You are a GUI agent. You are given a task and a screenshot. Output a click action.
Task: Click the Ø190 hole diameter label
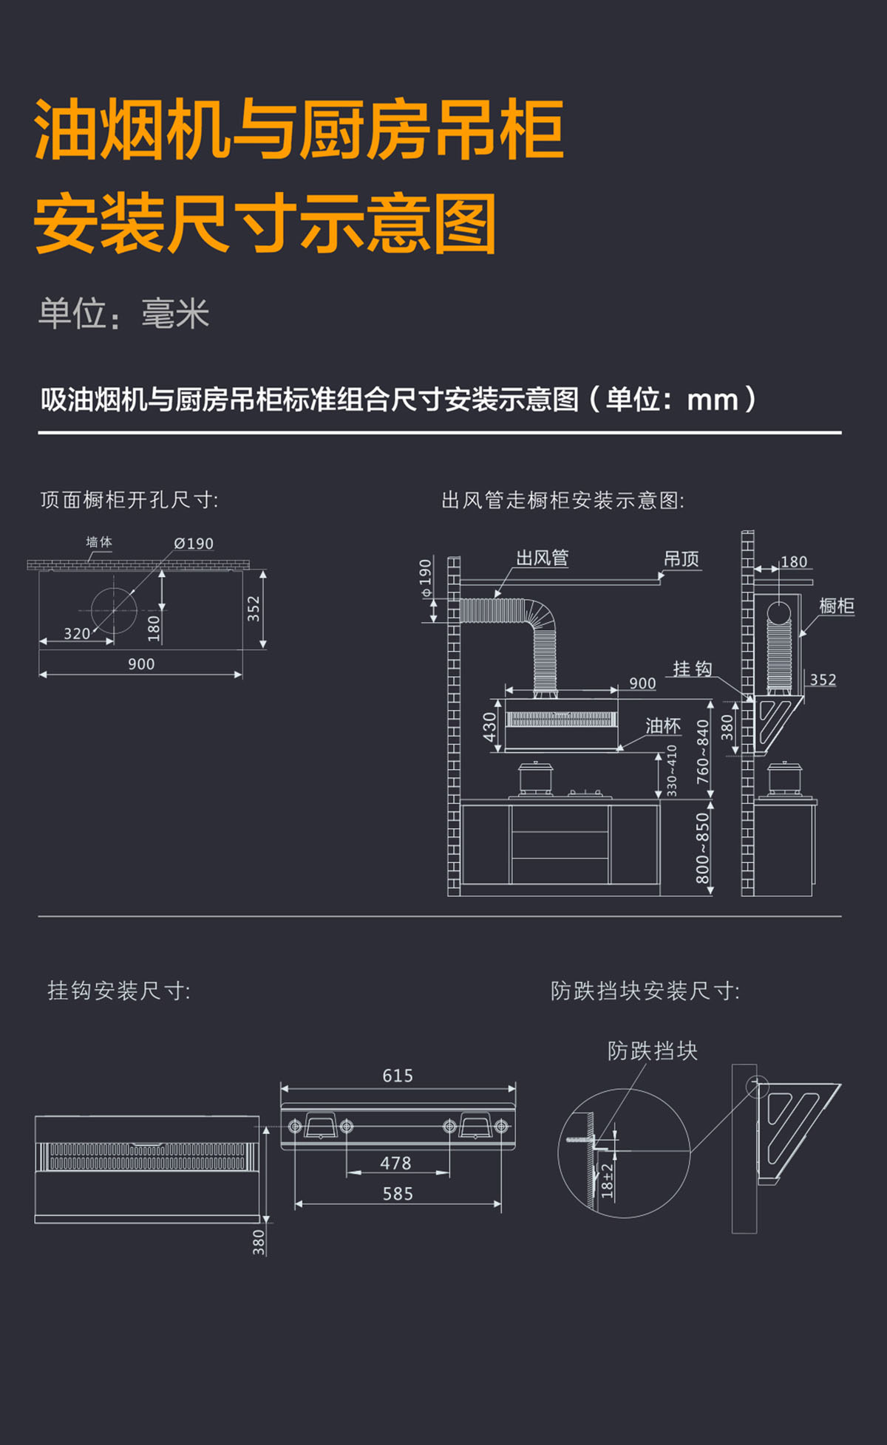(x=194, y=544)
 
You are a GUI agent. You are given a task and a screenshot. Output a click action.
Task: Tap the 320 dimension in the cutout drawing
(x=77, y=634)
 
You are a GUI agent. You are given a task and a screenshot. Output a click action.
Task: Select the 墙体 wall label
(x=99, y=542)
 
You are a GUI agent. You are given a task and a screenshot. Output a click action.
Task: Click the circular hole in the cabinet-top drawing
(x=114, y=610)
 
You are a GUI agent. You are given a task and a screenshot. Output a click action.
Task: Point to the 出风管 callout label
(x=542, y=558)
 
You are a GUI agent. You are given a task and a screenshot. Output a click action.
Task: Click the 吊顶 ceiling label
(x=681, y=559)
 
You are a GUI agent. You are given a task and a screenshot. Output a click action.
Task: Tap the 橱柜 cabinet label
(x=837, y=607)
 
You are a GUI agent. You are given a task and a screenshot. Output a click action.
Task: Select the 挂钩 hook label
(x=692, y=669)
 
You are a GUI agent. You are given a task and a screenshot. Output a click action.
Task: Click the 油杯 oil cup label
(x=662, y=726)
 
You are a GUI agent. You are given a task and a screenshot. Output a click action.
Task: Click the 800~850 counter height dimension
(x=702, y=848)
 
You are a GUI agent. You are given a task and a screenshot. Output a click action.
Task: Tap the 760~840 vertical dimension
(x=702, y=752)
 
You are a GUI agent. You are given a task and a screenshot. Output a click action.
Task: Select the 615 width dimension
(x=398, y=1076)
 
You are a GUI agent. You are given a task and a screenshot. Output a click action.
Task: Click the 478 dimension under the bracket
(x=395, y=1164)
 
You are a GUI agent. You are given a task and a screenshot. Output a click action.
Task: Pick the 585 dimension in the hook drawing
(x=398, y=1194)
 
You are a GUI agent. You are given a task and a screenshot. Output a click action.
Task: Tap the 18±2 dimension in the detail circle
(x=607, y=1180)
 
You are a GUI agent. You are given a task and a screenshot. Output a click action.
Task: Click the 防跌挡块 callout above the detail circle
(x=652, y=1051)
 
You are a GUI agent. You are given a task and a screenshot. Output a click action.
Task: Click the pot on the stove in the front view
(x=535, y=779)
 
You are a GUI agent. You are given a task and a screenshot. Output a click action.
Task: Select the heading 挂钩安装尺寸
(x=119, y=991)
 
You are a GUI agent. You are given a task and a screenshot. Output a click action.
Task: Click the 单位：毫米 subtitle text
(x=124, y=314)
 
